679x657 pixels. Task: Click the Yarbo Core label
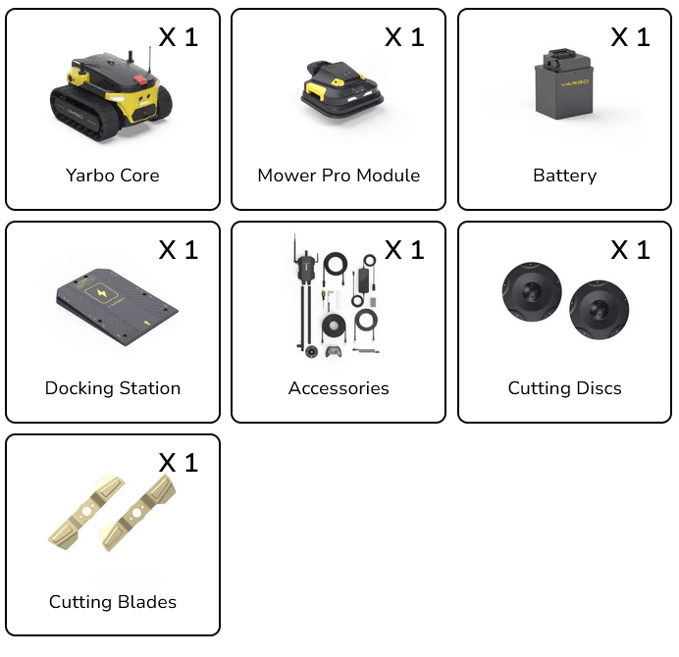tap(113, 176)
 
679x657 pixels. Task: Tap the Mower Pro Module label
tap(339, 176)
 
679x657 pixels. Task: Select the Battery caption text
tap(564, 176)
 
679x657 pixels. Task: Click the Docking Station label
tap(113, 388)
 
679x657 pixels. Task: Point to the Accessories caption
tap(339, 388)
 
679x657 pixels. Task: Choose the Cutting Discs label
tap(564, 388)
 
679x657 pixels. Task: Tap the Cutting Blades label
tap(113, 602)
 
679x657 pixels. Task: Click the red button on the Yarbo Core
tap(140, 79)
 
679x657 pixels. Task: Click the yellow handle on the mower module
tap(316, 90)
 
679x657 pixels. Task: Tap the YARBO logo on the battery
tap(575, 82)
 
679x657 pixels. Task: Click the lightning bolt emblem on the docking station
tap(102, 293)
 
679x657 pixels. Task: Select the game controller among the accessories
tap(333, 351)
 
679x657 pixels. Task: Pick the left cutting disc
tap(532, 291)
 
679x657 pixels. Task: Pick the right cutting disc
tap(599, 310)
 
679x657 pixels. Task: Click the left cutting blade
tap(86, 512)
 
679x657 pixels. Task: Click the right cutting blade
tap(136, 513)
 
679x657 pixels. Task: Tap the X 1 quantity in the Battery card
tap(631, 37)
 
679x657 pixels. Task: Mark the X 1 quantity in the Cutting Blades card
tap(179, 463)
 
